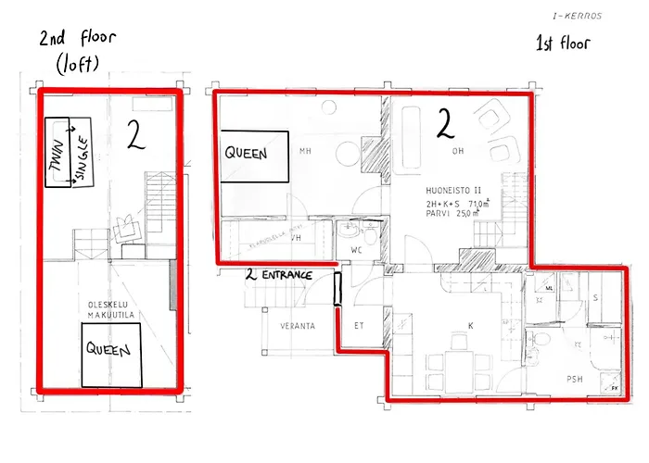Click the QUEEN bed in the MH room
[x=251, y=154]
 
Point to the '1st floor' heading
[x=563, y=44]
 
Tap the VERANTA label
[x=299, y=326]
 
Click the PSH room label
[x=575, y=380]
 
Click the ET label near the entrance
[x=361, y=326]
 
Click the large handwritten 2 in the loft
[x=135, y=135]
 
